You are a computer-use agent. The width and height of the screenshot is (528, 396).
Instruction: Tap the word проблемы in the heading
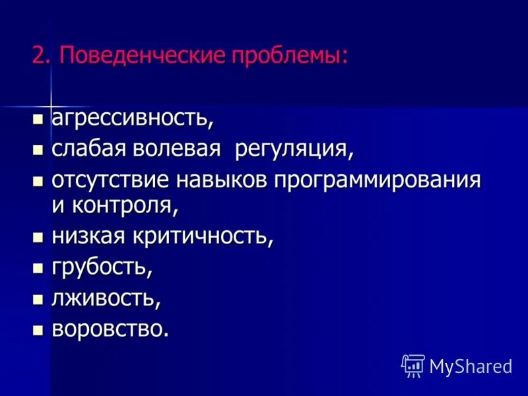pyautogui.click(x=288, y=55)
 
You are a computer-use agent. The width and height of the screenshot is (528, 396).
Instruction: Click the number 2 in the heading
pyautogui.click(x=42, y=55)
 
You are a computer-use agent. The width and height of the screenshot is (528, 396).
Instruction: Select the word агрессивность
pyautogui.click(x=132, y=119)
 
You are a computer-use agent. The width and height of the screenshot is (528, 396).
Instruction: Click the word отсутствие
pyautogui.click(x=109, y=180)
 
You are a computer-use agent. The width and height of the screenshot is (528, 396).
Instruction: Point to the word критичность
pyautogui.click(x=205, y=236)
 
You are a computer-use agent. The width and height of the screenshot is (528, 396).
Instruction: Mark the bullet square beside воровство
pyautogui.click(x=38, y=329)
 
